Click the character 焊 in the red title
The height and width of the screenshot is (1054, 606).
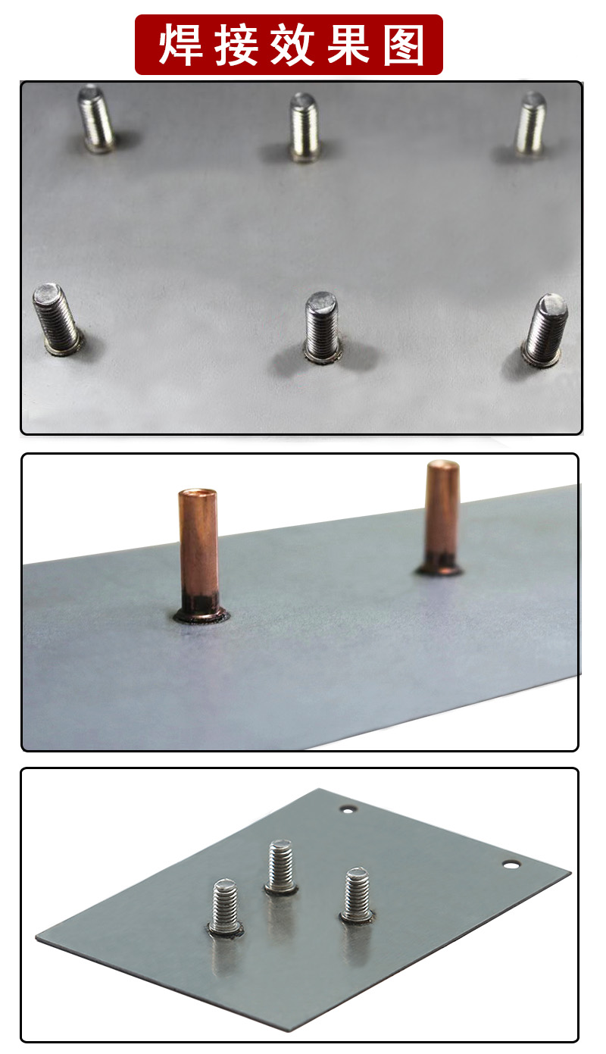181,45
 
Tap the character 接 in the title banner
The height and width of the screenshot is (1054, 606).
236,45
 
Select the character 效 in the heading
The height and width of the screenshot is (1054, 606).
292,45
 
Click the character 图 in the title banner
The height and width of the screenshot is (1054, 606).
404,45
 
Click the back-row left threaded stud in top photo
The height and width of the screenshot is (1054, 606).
96,118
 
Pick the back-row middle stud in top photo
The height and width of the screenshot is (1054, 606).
304,127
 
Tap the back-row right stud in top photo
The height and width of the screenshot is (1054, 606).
531,124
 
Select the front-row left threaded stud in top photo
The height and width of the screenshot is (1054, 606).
58,318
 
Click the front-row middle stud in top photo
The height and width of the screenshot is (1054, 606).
322,327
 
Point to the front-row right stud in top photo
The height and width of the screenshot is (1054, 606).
545,330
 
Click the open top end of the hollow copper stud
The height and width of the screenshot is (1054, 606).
198,493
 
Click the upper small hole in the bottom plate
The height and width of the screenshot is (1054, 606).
348,809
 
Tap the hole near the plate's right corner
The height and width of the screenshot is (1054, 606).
511,865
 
